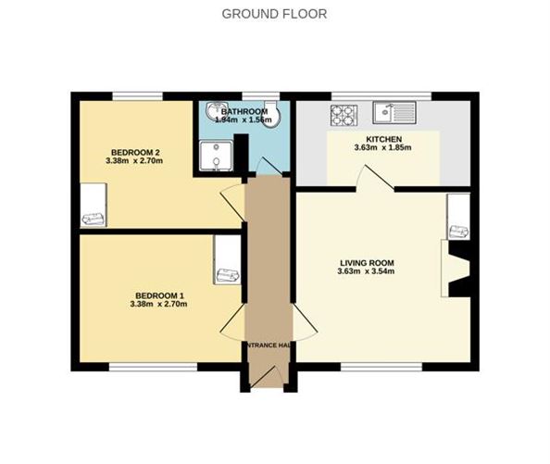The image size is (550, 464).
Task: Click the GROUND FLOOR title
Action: pyautogui.click(x=274, y=14)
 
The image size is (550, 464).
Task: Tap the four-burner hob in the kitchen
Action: pyautogui.click(x=343, y=114)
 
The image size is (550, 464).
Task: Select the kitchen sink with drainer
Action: pyautogui.click(x=394, y=113)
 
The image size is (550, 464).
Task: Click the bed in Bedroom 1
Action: pyautogui.click(x=227, y=259)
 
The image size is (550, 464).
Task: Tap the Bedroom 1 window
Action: pyautogui.click(x=152, y=367)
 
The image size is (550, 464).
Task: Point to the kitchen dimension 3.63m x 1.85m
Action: pyautogui.click(x=382, y=147)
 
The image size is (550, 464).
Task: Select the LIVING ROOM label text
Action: pyautogui.click(x=367, y=262)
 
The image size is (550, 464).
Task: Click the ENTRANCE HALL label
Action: pyautogui.click(x=269, y=345)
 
